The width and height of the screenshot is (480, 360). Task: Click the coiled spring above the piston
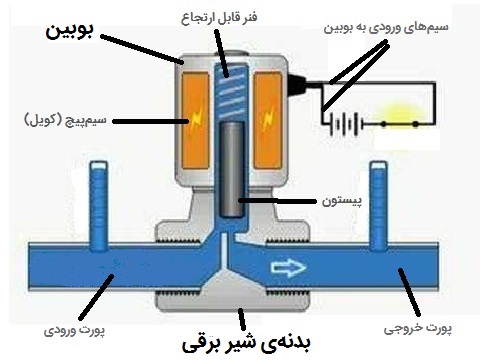click(233, 90)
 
